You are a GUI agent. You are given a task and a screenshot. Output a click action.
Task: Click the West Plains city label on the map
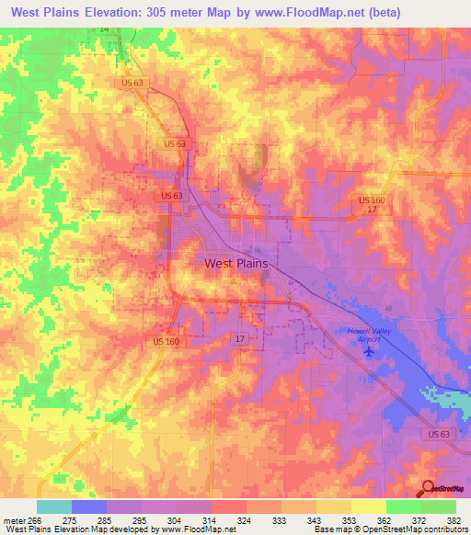(x=235, y=263)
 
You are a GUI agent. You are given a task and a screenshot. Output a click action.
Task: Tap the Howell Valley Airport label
(x=370, y=334)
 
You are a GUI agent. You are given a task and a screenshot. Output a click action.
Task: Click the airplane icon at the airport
(x=370, y=350)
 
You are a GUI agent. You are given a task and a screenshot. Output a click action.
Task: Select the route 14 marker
(x=104, y=29)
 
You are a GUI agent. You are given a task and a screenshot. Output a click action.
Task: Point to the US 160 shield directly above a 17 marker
(x=372, y=200)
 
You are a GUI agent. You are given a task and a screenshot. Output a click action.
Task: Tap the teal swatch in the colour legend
(x=53, y=507)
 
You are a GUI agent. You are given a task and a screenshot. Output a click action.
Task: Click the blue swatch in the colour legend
(x=88, y=507)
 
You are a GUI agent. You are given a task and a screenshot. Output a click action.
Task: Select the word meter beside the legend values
(x=14, y=519)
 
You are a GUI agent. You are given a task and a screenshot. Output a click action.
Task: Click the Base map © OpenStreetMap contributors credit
(x=388, y=529)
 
